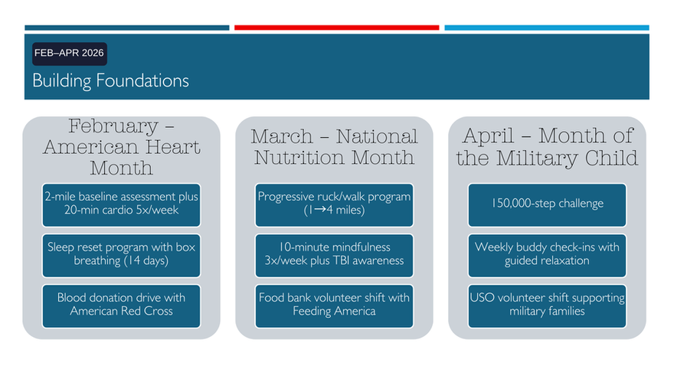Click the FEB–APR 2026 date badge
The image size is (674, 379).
(70, 54)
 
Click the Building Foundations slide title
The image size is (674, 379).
(110, 81)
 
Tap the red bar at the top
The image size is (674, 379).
(336, 28)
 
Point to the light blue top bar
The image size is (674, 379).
(547, 28)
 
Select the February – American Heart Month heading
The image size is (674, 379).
(121, 146)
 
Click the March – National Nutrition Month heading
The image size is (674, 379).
(334, 146)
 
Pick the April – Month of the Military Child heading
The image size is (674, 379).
(547, 146)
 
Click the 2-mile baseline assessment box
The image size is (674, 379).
(121, 205)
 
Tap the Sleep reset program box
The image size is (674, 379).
(121, 256)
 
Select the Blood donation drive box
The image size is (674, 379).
(121, 306)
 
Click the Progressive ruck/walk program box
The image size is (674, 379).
(334, 205)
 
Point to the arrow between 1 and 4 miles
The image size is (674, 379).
(320, 210)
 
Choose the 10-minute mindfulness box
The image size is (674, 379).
(334, 256)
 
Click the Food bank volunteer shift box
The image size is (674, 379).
(334, 306)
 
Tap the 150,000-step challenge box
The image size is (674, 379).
(547, 205)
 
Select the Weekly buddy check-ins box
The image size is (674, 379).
(547, 256)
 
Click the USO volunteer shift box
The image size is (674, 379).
(547, 306)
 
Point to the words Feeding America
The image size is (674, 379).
(334, 311)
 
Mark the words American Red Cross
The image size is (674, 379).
(121, 311)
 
